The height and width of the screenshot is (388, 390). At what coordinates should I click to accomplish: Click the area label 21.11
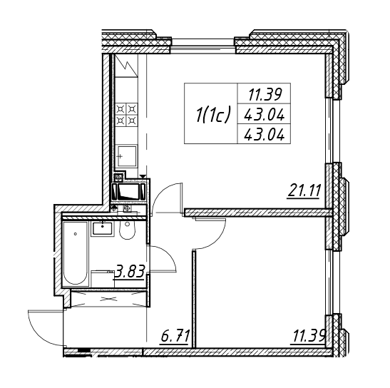pyautogui.click(x=303, y=191)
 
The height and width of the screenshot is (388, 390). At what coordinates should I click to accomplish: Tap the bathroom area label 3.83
pyautogui.click(x=130, y=272)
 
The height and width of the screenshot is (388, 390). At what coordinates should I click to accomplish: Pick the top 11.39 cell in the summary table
pyautogui.click(x=264, y=95)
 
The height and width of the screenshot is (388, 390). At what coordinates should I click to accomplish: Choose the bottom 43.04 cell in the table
pyautogui.click(x=264, y=135)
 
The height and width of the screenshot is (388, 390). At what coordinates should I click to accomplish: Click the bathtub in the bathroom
pyautogui.click(x=76, y=253)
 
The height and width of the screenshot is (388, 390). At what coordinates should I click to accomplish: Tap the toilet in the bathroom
pyautogui.click(x=128, y=230)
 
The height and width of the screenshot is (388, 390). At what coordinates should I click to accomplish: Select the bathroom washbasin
pyautogui.click(x=103, y=228)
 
